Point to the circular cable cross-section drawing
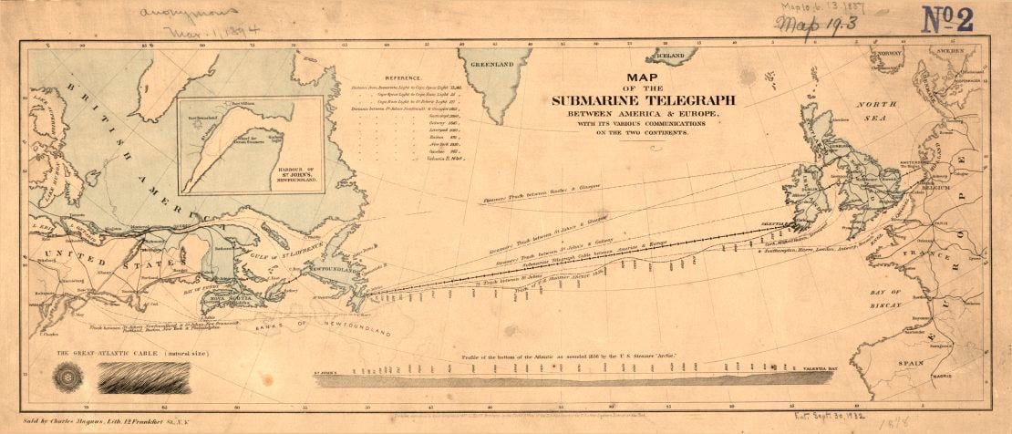(x=67, y=377)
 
